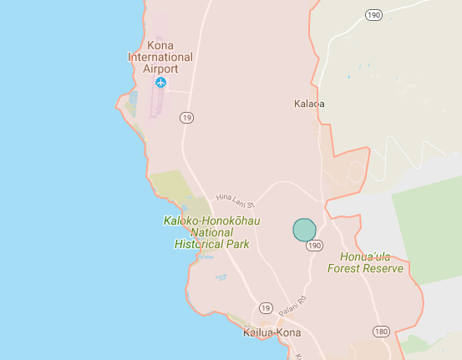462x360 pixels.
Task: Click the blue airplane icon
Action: (x=160, y=83)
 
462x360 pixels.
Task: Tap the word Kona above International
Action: (x=160, y=45)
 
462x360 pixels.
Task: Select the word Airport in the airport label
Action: (x=160, y=68)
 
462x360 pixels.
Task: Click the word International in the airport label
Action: (x=160, y=57)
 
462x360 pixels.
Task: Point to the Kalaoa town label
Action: (x=309, y=104)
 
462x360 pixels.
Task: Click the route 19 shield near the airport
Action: (x=186, y=118)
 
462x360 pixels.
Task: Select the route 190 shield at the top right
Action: (x=373, y=15)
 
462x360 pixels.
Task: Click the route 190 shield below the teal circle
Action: (x=313, y=246)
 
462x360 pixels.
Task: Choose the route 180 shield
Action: (x=381, y=332)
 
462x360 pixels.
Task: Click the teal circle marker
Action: (x=304, y=229)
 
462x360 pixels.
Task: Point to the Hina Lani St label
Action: (x=234, y=199)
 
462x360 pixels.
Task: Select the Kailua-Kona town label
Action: (x=272, y=332)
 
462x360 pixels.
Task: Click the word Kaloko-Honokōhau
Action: (x=211, y=221)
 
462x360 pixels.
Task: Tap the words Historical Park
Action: (x=211, y=245)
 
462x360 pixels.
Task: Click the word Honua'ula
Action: (x=365, y=257)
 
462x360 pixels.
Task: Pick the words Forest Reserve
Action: (x=365, y=269)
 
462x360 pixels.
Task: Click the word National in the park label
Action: (x=211, y=233)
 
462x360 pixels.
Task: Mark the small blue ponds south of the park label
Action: (x=221, y=276)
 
